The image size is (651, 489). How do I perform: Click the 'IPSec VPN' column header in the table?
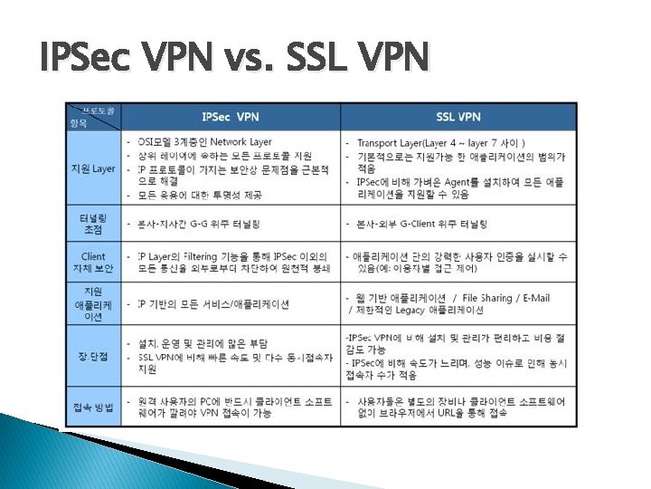[x=230, y=117]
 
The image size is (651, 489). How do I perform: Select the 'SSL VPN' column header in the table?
[x=458, y=117]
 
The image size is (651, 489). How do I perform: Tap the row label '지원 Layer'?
[x=93, y=168]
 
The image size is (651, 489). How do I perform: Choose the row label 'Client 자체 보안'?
[x=93, y=263]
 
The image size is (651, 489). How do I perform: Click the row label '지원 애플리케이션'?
[x=93, y=304]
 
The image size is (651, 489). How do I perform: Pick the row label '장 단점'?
[x=93, y=356]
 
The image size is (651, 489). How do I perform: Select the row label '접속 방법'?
[x=93, y=407]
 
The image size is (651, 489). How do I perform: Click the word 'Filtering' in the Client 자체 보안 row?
[x=200, y=257]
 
